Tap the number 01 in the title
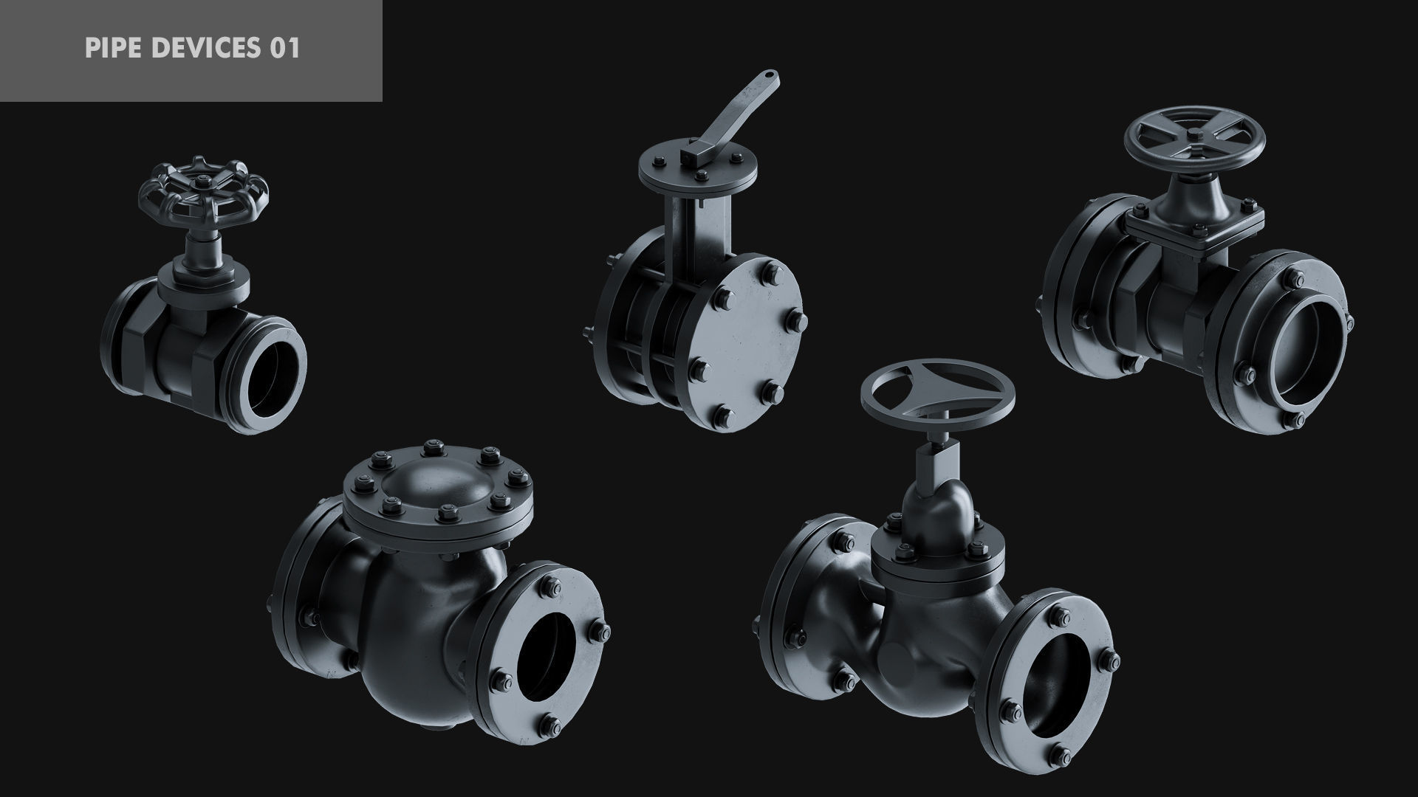click(285, 49)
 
